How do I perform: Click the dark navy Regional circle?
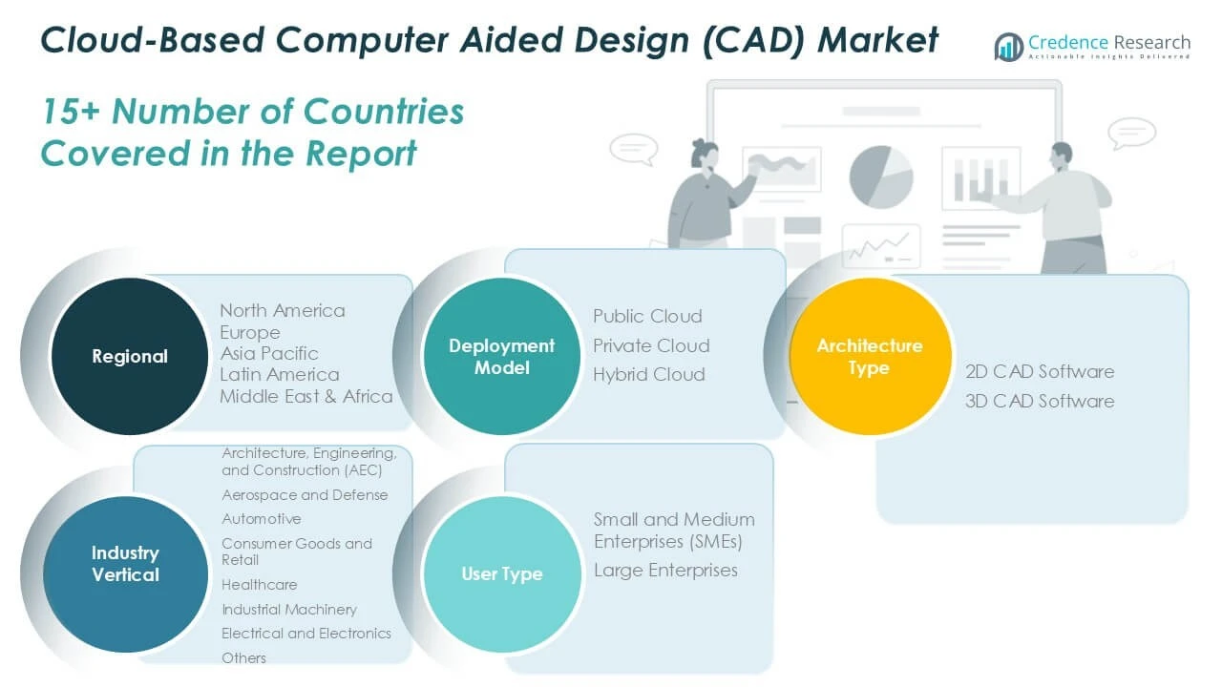tap(129, 356)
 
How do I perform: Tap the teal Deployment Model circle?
tap(501, 356)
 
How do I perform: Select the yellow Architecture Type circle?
tap(869, 356)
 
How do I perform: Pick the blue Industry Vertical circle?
tap(125, 563)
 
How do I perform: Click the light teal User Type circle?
tap(501, 573)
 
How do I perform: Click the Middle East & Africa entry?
tap(306, 396)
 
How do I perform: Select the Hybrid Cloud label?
tap(648, 374)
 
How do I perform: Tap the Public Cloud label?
tap(647, 316)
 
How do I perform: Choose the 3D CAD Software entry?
tap(1039, 401)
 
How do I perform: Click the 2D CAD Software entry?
tap(1039, 371)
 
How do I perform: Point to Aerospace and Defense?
tap(305, 494)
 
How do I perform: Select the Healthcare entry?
tap(259, 584)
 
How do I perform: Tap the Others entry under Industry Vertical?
tap(243, 657)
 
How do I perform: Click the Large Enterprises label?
tap(665, 570)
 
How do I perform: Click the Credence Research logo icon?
tap(1008, 46)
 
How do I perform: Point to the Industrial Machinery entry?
tap(288, 609)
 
